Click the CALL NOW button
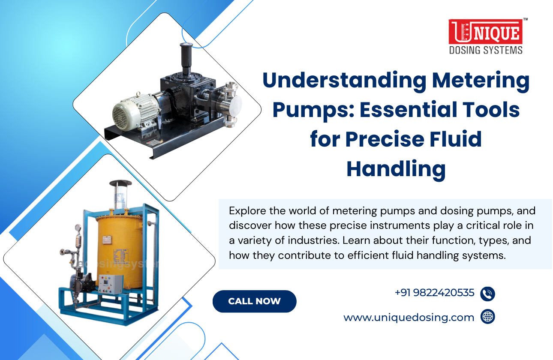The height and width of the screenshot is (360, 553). [254, 301]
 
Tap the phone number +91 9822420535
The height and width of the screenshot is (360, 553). [434, 293]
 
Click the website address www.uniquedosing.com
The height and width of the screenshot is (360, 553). [409, 318]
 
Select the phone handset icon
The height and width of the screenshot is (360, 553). [488, 294]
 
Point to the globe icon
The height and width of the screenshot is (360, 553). [488, 317]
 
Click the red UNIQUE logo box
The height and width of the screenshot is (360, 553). [485, 32]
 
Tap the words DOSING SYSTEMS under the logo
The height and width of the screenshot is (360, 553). [485, 50]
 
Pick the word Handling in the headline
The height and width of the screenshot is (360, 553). [396, 169]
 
